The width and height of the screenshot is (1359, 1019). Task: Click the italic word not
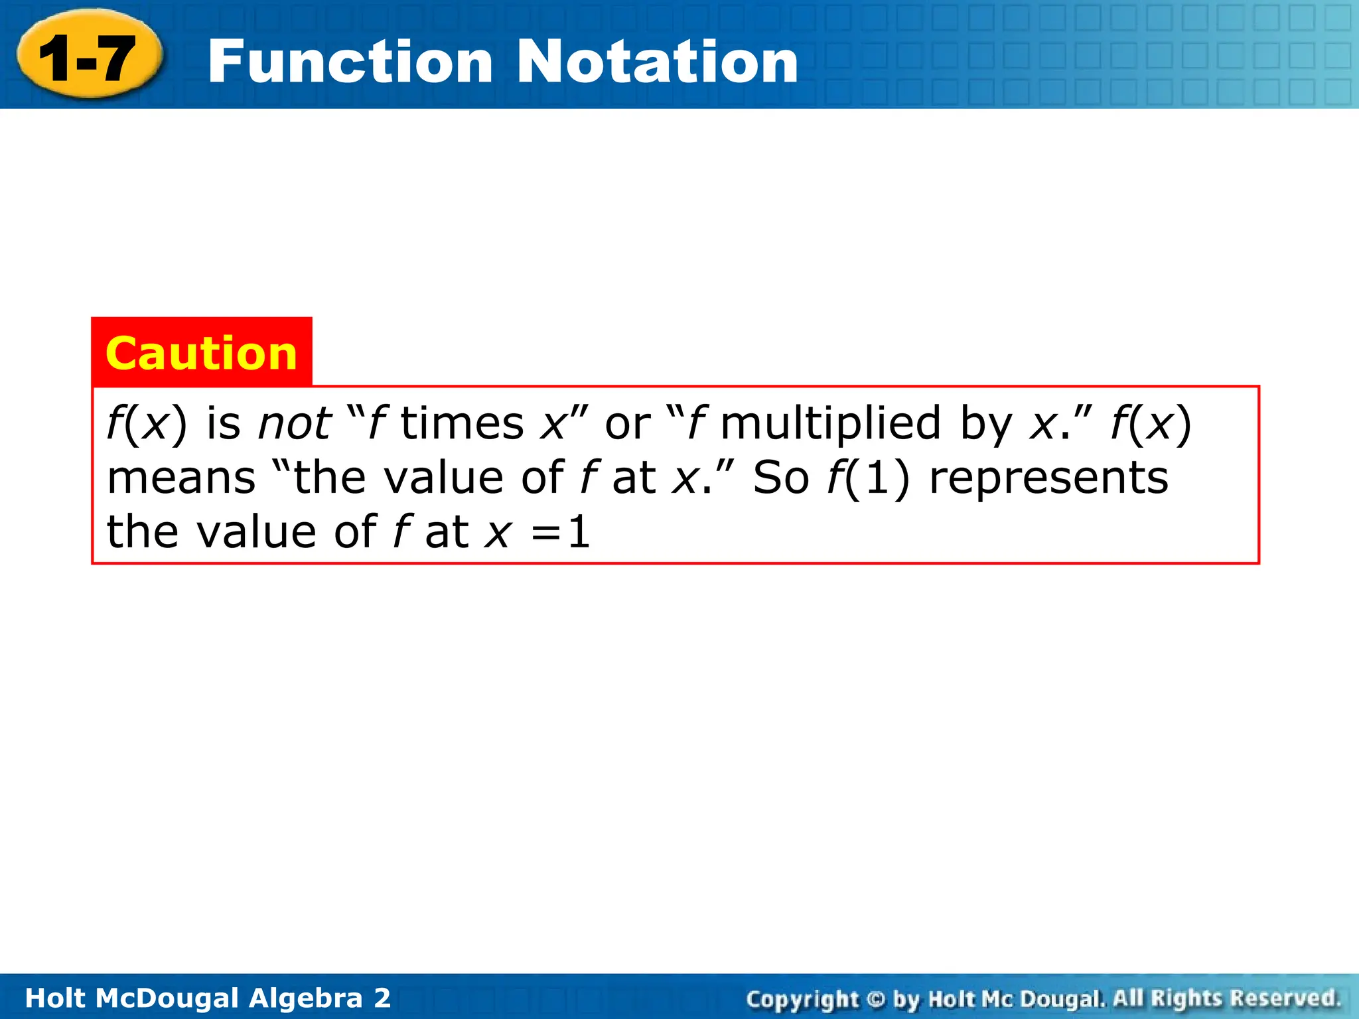(294, 423)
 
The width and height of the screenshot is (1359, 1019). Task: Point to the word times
(463, 423)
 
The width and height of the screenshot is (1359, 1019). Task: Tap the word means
(181, 478)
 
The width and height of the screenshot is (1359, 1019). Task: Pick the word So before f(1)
(781, 478)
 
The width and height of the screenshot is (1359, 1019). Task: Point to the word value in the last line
(256, 532)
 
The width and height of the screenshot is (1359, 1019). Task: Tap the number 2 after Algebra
(382, 998)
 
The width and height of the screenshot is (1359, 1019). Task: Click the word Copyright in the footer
(802, 998)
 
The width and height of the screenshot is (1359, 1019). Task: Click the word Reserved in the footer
(1285, 998)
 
